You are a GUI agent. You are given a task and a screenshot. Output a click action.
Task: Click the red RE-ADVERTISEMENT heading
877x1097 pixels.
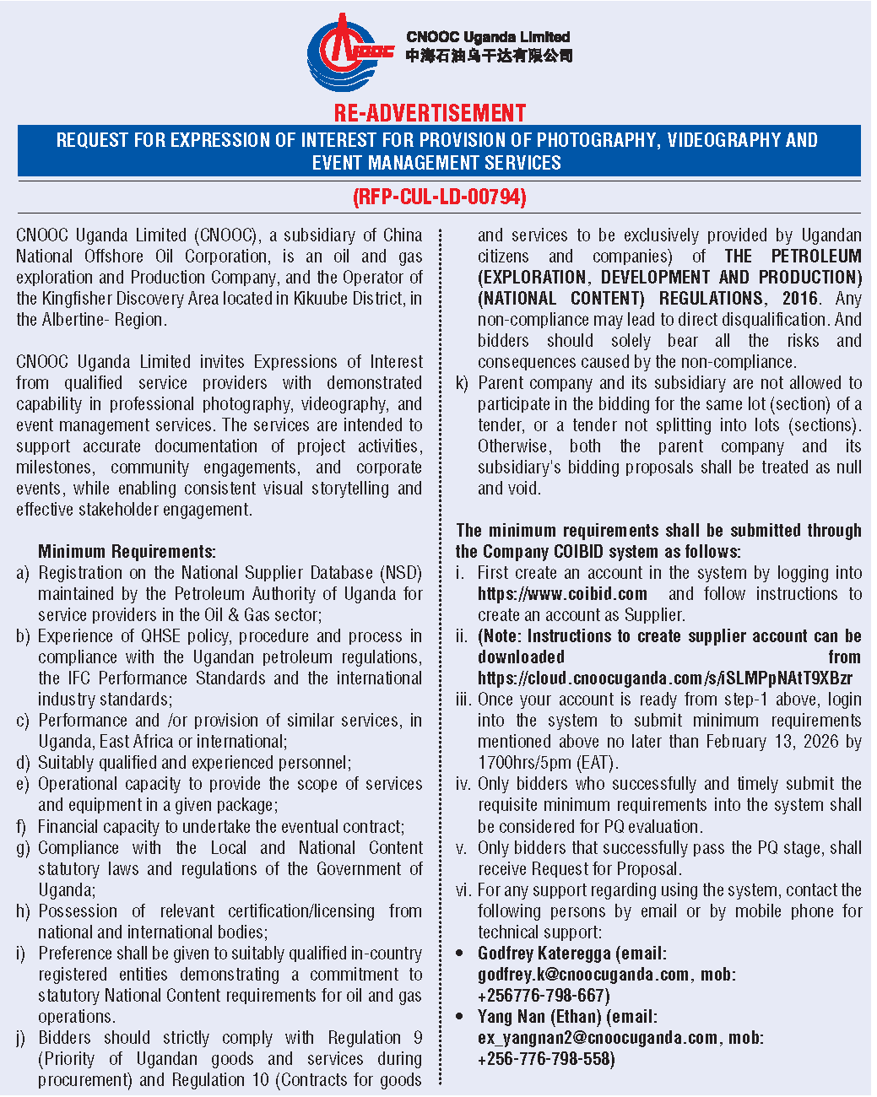pos(430,113)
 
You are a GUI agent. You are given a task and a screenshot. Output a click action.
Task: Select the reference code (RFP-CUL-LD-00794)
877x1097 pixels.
pos(439,197)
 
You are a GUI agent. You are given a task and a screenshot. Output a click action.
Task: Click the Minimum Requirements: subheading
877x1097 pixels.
pos(127,552)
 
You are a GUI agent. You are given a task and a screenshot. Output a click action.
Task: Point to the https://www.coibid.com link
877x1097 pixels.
pos(562,594)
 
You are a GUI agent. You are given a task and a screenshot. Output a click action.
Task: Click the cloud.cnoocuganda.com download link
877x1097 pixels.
pos(664,678)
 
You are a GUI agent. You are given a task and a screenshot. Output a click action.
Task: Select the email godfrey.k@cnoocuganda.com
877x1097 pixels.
pos(583,975)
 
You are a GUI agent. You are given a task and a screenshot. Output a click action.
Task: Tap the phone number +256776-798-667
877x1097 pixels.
pos(544,996)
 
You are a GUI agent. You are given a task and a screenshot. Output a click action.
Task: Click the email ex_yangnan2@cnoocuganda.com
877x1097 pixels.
pos(598,1038)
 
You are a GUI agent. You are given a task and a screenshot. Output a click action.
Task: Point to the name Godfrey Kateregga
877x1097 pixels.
pos(544,954)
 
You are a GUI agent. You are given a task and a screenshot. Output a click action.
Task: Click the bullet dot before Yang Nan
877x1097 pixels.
pos(460,1017)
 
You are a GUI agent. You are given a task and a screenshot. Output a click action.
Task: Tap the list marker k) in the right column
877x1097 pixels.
pos(462,383)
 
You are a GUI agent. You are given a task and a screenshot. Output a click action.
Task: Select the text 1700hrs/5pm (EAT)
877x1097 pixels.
pos(548,763)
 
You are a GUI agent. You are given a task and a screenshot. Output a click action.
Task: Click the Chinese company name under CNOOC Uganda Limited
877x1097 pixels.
pos(489,56)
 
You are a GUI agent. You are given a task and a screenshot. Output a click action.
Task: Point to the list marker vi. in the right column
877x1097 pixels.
pos(463,890)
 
